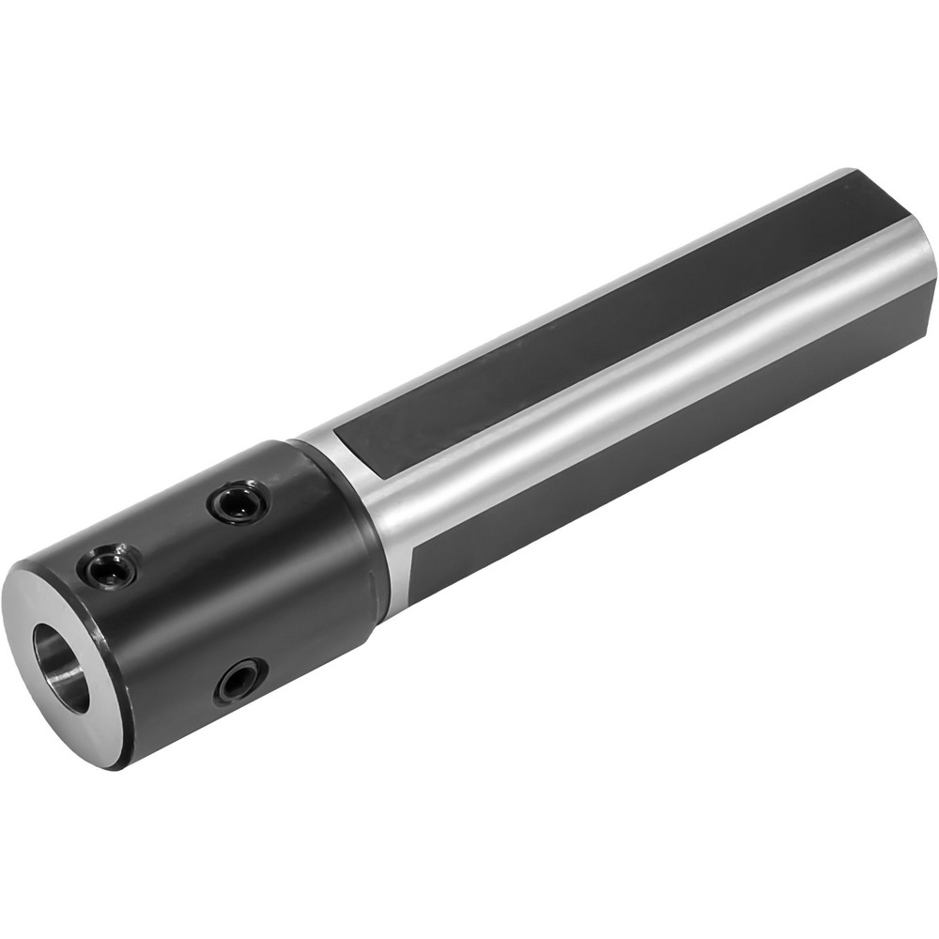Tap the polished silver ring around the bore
point(38,601)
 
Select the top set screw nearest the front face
point(105,569)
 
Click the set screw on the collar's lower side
point(239,680)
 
